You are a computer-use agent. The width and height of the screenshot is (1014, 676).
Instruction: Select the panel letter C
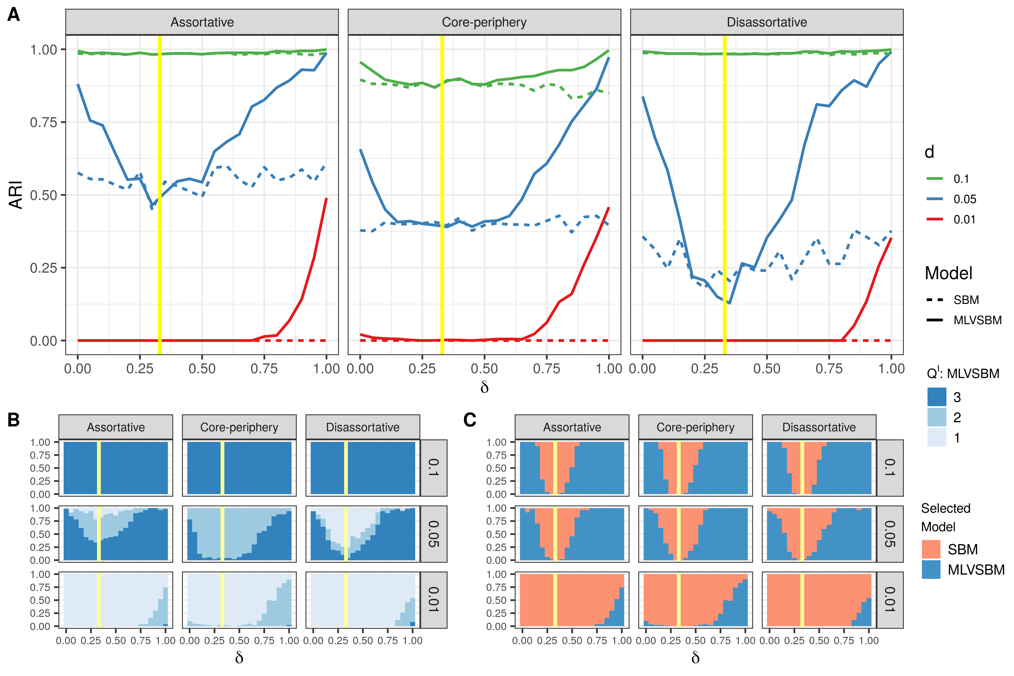tap(470, 419)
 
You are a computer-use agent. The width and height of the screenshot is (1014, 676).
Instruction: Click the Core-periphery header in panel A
tap(484, 22)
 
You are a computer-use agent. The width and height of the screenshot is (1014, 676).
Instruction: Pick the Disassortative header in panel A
tap(766, 22)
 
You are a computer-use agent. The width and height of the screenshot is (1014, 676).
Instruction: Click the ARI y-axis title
tap(16, 195)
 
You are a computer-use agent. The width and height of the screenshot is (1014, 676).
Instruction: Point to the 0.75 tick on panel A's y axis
tap(44, 123)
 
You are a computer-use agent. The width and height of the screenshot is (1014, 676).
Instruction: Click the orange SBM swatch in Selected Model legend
tap(931, 549)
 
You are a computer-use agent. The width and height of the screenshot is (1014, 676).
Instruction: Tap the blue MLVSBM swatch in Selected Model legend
tap(931, 570)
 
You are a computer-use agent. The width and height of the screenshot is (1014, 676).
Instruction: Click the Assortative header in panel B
tap(115, 427)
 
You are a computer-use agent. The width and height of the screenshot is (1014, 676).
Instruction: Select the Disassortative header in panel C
tap(819, 427)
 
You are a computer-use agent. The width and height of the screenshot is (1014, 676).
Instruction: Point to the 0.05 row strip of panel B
tap(433, 534)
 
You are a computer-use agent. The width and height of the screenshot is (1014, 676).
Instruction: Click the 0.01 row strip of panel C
tap(890, 600)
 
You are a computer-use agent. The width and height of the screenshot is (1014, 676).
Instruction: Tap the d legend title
tap(929, 152)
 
